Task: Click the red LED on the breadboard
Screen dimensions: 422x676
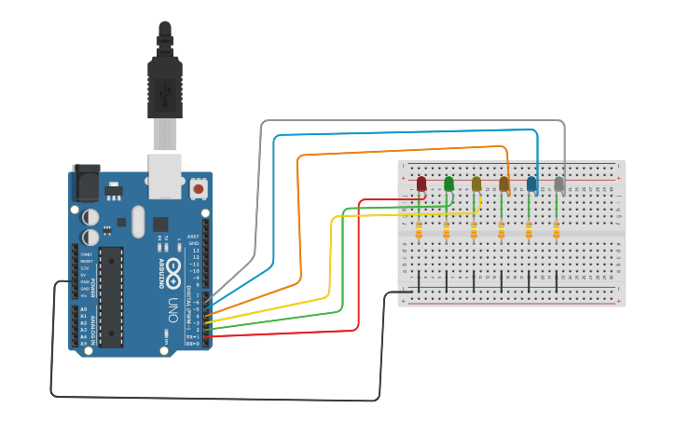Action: point(421,184)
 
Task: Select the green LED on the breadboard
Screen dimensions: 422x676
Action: point(449,184)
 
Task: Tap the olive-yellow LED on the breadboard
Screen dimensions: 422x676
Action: point(476,184)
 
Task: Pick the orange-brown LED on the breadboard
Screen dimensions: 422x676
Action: point(504,184)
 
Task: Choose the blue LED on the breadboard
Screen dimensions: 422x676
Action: point(531,184)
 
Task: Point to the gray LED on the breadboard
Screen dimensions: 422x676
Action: point(559,184)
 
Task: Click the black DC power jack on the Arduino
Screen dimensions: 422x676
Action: point(86,183)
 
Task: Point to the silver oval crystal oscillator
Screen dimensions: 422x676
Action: point(139,222)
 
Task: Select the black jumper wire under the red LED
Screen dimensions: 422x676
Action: point(419,280)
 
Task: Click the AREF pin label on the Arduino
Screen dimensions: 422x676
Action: point(194,236)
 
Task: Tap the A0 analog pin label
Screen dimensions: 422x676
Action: point(83,308)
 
